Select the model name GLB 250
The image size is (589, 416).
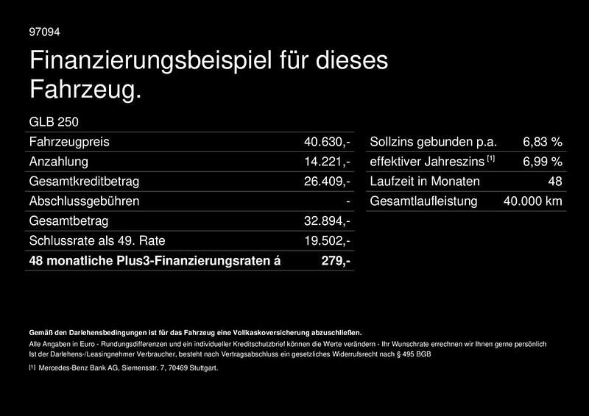point(54,122)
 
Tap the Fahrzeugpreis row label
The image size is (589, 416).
point(68,142)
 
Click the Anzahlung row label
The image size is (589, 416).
point(58,162)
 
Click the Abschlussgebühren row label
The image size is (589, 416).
point(84,201)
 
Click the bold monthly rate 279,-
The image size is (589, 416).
point(336,261)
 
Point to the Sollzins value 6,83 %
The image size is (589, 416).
point(543,142)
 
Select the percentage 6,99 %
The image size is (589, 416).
point(543,162)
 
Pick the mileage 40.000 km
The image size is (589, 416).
point(532,201)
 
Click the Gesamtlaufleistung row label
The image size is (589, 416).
point(423,201)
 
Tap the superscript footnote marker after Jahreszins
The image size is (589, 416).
point(491,159)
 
